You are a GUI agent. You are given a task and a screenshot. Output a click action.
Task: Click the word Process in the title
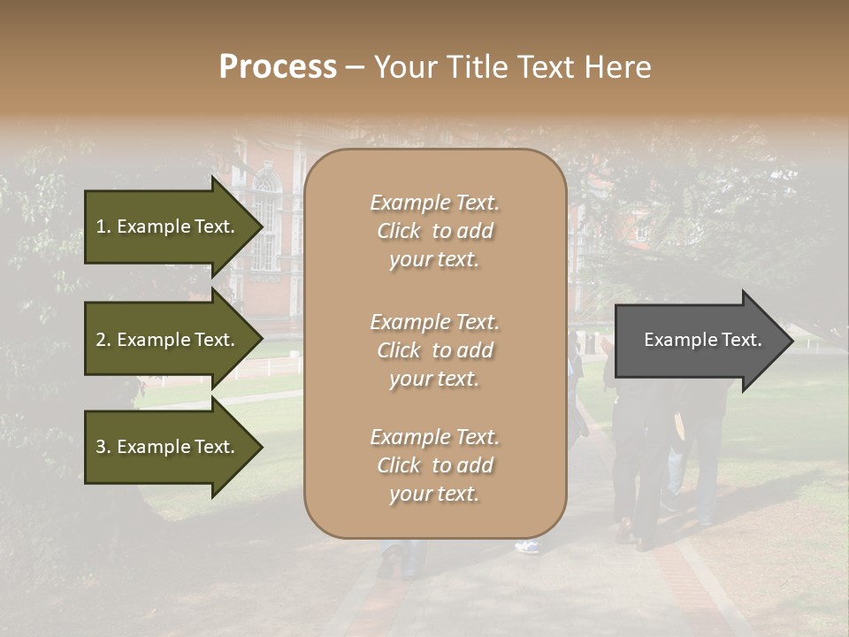[x=278, y=66]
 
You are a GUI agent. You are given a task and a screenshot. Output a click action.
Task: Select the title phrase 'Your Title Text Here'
[x=512, y=66]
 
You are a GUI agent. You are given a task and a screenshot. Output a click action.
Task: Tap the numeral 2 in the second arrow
[x=101, y=340]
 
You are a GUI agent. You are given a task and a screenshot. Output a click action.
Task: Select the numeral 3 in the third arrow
[x=101, y=447]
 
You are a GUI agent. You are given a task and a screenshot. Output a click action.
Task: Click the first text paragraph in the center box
[x=434, y=231]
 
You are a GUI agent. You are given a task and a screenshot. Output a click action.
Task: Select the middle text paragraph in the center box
[x=434, y=350]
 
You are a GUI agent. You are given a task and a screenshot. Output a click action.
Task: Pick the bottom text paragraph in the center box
[x=434, y=465]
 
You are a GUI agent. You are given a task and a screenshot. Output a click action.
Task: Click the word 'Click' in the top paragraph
[x=399, y=231]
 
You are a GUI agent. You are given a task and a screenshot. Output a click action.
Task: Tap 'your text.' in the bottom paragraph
[x=434, y=494]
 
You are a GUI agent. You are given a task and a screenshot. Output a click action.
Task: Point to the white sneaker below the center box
[x=527, y=547]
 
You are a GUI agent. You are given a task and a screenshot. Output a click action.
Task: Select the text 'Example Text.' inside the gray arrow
[x=702, y=340]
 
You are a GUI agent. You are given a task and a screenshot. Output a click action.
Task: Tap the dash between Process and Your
[x=356, y=67]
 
